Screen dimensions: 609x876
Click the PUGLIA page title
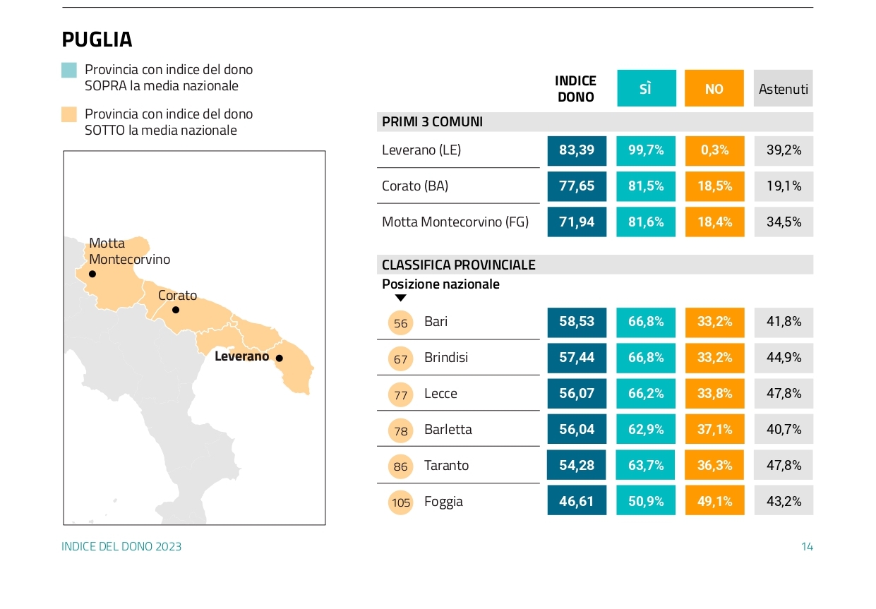click(97, 40)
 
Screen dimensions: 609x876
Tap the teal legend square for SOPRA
click(69, 70)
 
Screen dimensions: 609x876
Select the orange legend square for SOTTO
click(69, 114)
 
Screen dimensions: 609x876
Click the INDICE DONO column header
click(576, 89)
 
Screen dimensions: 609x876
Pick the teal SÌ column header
click(646, 89)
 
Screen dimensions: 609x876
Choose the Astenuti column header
click(783, 89)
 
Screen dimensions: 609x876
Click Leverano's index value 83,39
click(577, 150)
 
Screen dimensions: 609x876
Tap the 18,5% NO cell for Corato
click(714, 186)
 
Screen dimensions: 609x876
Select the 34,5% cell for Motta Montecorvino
click(784, 222)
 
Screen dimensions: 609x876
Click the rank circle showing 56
click(401, 323)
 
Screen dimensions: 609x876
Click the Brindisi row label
click(446, 358)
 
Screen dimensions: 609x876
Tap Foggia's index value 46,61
click(577, 502)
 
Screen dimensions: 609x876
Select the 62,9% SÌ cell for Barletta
click(646, 430)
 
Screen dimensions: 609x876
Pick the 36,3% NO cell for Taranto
click(714, 466)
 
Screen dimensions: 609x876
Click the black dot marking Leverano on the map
click(280, 358)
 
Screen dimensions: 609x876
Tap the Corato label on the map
click(177, 296)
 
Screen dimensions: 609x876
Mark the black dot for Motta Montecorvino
click(92, 274)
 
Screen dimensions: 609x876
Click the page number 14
click(807, 547)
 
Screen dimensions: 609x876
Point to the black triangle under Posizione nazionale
click(400, 299)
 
